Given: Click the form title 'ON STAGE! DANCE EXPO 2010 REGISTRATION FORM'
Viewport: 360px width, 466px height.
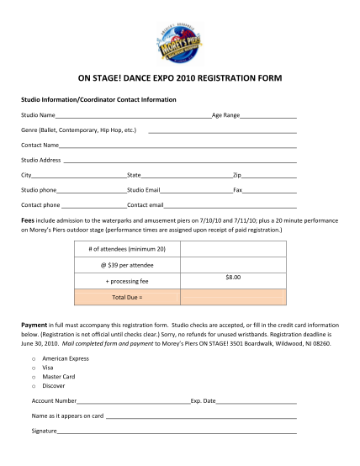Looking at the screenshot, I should click(x=180, y=78).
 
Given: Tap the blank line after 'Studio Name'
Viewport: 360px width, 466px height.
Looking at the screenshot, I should click(x=134, y=115).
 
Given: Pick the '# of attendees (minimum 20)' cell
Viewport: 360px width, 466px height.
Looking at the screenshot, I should click(x=127, y=249).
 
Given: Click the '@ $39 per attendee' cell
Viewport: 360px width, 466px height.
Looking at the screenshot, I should click(x=127, y=265).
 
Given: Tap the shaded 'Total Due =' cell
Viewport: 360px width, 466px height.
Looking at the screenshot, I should click(x=127, y=297).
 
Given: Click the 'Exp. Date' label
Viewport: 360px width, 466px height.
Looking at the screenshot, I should click(x=204, y=401).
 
